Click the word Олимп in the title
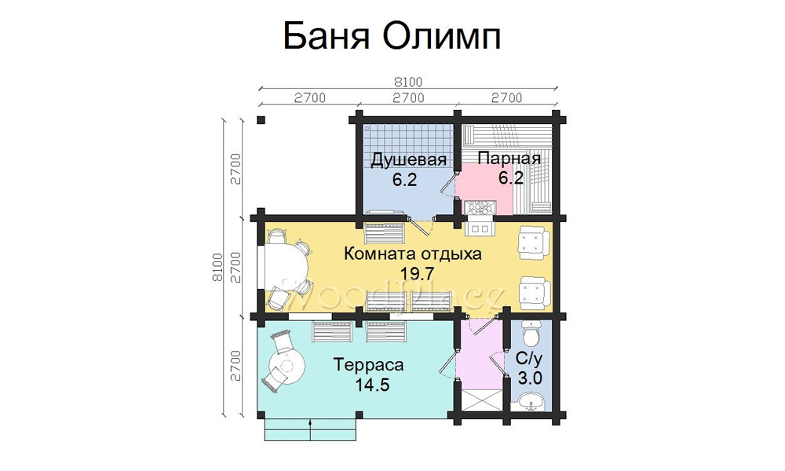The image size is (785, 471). tap(443, 37)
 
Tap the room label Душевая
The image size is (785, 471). tap(408, 159)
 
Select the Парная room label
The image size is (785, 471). tap(509, 159)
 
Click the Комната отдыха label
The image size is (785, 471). tap(413, 254)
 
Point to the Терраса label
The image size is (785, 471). tap(368, 364)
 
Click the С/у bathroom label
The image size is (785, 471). tap(529, 359)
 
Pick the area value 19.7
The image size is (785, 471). tap(417, 273)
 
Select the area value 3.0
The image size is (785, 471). tap(530, 378)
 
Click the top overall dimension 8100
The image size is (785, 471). tap(408, 82)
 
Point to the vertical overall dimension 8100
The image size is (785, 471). tap(217, 267)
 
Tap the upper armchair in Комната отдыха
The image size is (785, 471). tap(534, 243)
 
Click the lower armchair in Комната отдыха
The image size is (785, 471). tap(534, 293)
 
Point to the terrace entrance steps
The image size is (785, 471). tap(310, 429)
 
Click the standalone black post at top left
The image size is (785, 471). tap(261, 120)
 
